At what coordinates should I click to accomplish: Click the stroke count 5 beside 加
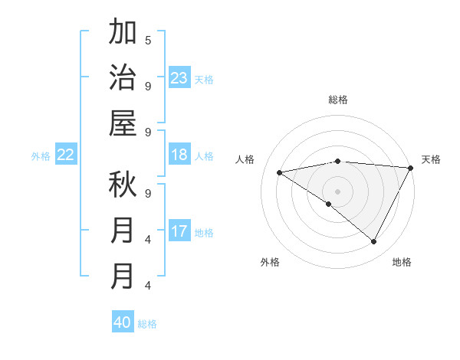click(148, 40)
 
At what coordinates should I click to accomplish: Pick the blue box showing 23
click(179, 77)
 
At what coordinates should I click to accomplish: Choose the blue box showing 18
click(179, 155)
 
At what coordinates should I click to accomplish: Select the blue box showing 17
click(179, 231)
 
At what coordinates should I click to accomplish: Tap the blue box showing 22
click(65, 155)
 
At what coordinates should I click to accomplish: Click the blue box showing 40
click(123, 322)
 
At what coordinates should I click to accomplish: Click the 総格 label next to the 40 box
click(147, 324)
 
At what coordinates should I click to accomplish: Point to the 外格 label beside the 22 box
click(41, 156)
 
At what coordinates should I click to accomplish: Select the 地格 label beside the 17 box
click(204, 233)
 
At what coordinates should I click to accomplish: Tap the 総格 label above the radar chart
click(338, 100)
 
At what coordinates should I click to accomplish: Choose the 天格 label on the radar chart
click(431, 159)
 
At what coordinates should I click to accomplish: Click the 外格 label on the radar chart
click(270, 262)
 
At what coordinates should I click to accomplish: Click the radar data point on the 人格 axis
click(280, 172)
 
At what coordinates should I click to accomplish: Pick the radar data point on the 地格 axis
click(374, 241)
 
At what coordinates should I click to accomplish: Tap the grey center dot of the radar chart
click(338, 191)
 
